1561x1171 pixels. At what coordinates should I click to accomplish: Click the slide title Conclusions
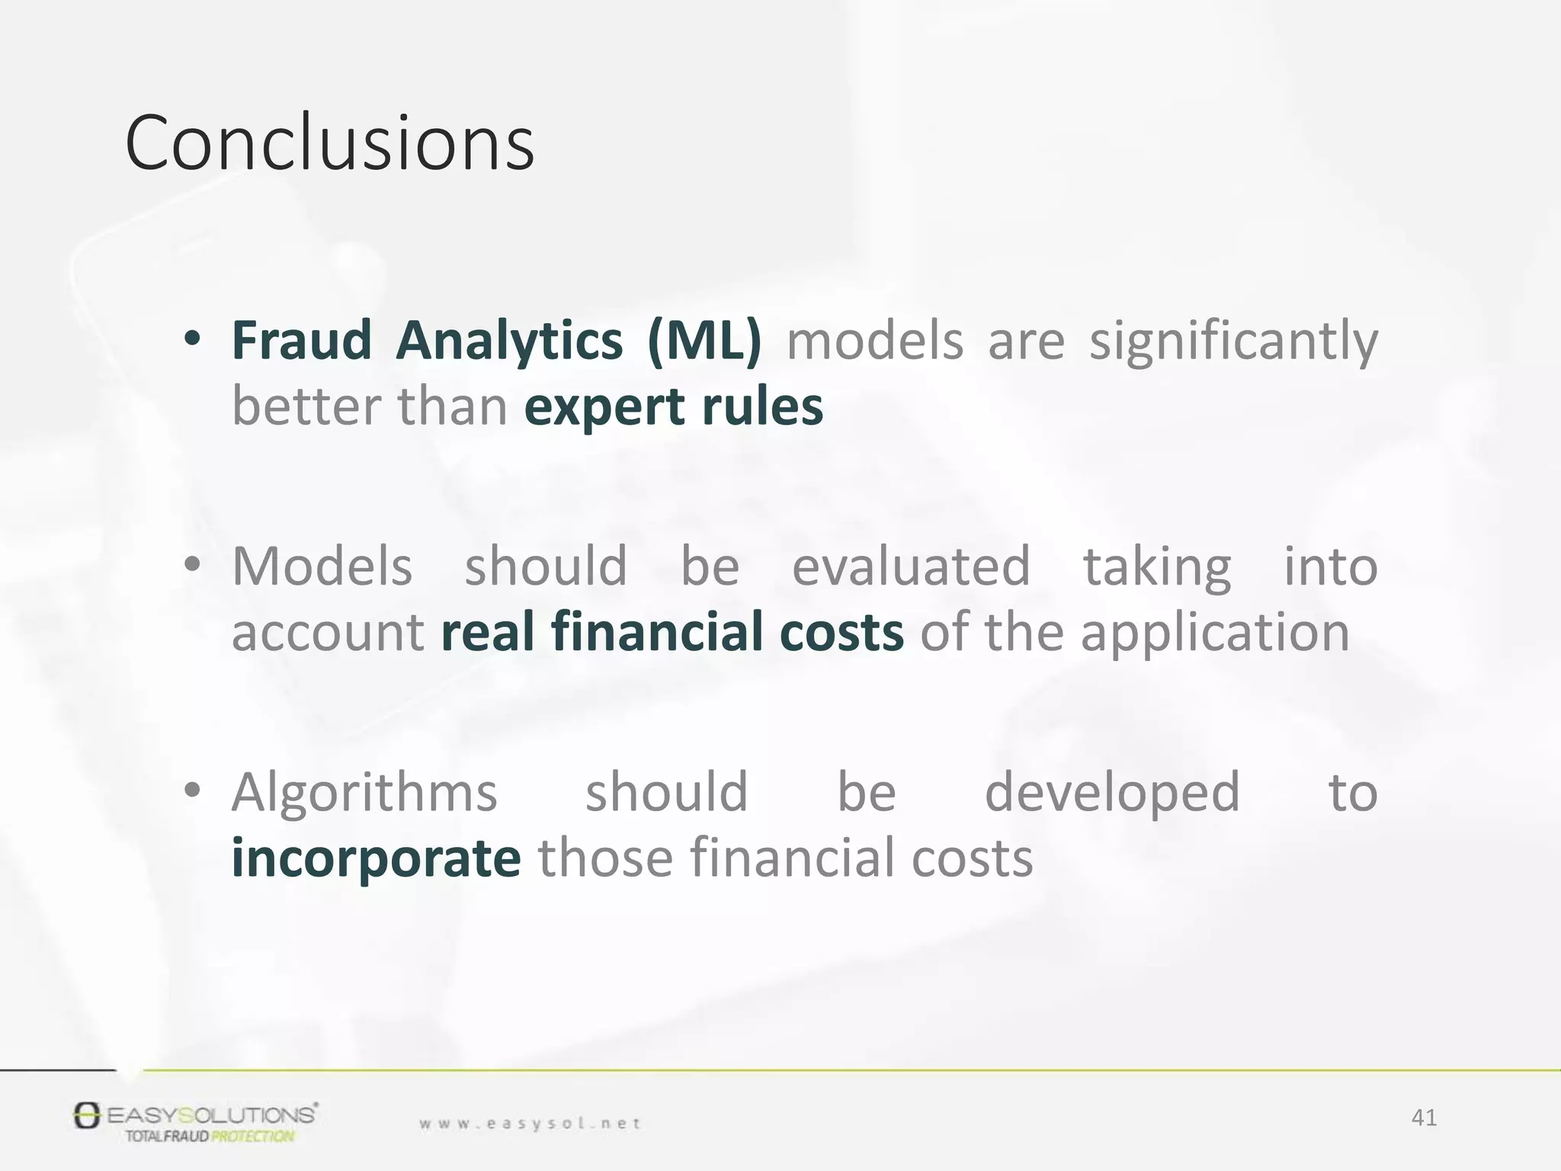[329, 143]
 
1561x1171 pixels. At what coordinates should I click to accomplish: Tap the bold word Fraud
[301, 340]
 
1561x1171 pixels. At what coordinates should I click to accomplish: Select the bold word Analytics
[509, 340]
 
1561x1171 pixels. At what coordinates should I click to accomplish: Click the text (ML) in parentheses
[704, 340]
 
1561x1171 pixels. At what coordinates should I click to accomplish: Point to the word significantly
[1233, 342]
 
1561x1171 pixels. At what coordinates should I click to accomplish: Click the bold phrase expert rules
[674, 406]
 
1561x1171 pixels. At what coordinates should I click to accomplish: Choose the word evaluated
[911, 566]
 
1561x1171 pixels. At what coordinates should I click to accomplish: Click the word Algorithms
[364, 793]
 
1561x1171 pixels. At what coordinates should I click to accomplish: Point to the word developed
[1112, 793]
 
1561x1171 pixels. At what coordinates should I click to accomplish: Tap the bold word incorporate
[376, 858]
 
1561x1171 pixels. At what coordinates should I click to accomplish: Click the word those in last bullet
[605, 858]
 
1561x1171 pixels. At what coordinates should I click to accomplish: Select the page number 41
[1424, 1118]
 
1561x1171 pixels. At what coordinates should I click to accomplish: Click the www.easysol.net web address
[530, 1123]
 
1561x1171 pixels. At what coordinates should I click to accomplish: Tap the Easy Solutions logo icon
[87, 1115]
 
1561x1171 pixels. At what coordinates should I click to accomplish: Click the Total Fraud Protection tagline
[209, 1137]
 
